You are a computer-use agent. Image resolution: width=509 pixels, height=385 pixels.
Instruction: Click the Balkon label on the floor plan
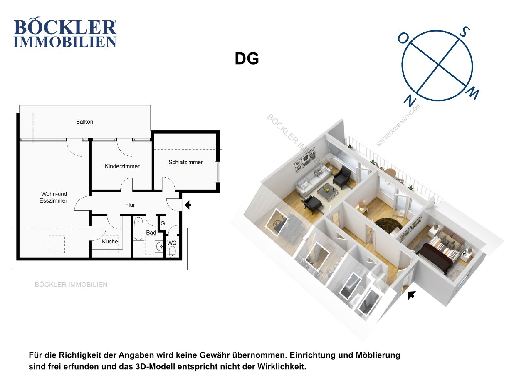point(84,122)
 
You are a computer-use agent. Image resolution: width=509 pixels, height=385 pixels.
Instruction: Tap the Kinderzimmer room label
point(122,166)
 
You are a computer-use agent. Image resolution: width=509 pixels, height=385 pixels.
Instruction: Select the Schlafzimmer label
point(185,162)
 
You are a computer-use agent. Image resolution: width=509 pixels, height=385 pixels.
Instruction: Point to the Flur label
point(130,205)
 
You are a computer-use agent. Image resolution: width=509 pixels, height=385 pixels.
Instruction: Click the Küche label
point(110,241)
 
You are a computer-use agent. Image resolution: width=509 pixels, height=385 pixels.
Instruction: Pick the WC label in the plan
point(172,243)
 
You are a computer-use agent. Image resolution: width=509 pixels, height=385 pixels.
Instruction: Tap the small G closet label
point(163,223)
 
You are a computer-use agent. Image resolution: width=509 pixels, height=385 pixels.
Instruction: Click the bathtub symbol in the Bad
point(138,229)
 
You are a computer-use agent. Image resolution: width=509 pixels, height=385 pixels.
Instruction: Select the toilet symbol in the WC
point(172,252)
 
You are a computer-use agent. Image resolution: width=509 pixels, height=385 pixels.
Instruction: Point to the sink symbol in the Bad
point(159,246)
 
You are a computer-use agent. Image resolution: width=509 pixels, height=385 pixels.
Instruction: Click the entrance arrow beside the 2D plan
point(188,205)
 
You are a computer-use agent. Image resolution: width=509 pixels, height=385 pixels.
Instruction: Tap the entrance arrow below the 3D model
point(411,295)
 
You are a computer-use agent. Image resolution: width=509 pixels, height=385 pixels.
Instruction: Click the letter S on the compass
point(465,32)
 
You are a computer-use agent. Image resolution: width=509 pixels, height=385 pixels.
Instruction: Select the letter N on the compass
point(410,100)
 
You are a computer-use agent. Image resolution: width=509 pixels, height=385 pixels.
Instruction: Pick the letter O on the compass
point(403,38)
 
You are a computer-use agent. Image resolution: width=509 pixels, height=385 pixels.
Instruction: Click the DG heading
point(247,59)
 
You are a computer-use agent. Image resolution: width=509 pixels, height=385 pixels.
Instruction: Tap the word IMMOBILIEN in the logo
point(65,42)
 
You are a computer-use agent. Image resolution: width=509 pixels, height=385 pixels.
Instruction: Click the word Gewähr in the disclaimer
point(211,355)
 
